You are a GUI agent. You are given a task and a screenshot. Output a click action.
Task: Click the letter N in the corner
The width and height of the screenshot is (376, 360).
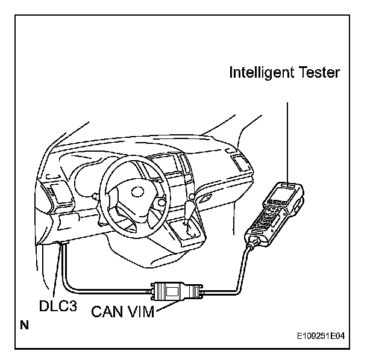click(x=23, y=326)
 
